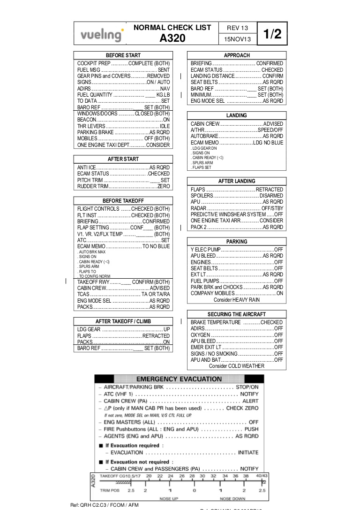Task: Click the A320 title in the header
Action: pos(172,38)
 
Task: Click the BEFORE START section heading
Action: pos(123,55)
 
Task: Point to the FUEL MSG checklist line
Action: pos(123,70)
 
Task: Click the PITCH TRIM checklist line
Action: pos(123,180)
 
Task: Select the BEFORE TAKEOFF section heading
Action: pos(123,200)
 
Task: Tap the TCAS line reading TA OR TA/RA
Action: pos(123,294)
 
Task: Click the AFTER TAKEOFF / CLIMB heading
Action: pos(123,321)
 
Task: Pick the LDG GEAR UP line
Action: pos(123,330)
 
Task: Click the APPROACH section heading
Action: pos(237,55)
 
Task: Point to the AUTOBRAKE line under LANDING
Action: pos(237,136)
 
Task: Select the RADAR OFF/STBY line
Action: pos(237,208)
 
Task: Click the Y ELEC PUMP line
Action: pos(237,250)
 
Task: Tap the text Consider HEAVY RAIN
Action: pos(237,300)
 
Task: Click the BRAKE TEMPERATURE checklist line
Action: pos(237,322)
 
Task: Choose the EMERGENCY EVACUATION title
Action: pos(179,379)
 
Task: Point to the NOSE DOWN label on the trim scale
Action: pos(232,499)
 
